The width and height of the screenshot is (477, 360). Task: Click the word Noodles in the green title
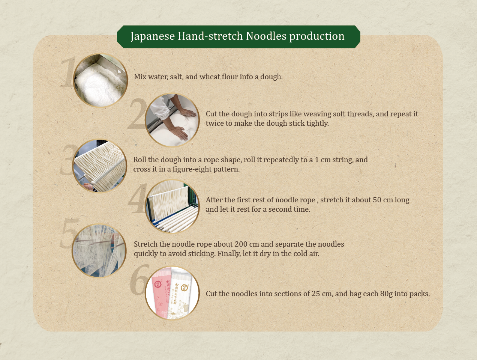(266, 36)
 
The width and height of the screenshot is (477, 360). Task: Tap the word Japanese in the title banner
(153, 36)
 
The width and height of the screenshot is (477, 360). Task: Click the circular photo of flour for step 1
(100, 80)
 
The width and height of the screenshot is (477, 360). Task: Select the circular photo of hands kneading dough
(172, 120)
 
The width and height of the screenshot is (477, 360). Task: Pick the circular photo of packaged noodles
(172, 293)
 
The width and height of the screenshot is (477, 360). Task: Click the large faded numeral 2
(137, 114)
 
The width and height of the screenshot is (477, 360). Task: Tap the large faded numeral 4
(137, 198)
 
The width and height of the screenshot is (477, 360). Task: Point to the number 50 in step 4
(377, 200)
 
